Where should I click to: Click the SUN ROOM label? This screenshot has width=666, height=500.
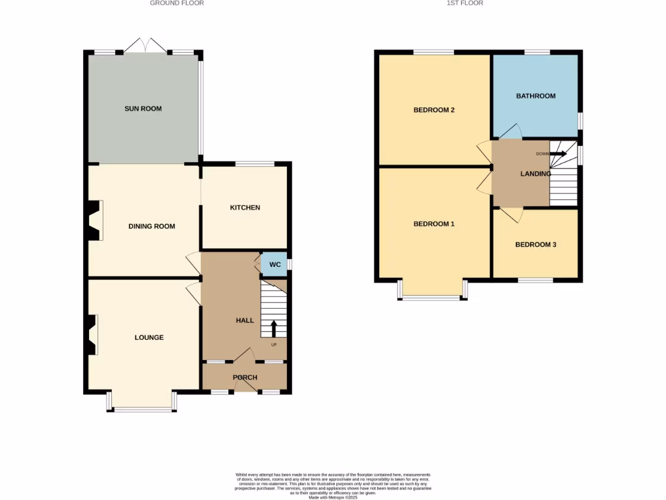(x=143, y=109)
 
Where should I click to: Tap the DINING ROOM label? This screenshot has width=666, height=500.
(x=152, y=227)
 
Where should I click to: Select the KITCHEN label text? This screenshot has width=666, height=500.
(x=245, y=208)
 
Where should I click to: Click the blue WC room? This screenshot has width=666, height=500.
(x=274, y=264)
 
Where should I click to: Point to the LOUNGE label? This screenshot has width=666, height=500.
(x=149, y=337)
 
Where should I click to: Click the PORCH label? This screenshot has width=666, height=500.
(x=245, y=378)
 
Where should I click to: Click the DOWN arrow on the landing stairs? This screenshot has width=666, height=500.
(x=559, y=154)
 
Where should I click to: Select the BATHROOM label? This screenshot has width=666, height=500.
(x=536, y=96)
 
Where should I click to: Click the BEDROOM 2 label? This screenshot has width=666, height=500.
(x=434, y=110)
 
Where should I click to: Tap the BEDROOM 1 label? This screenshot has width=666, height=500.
(x=434, y=224)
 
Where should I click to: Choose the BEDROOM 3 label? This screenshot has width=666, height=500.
(x=535, y=245)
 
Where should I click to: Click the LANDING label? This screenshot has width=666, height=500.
(x=536, y=174)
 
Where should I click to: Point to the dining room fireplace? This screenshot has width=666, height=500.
(x=95, y=221)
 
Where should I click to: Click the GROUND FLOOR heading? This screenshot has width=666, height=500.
(x=177, y=3)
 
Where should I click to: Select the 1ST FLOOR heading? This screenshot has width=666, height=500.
(x=464, y=3)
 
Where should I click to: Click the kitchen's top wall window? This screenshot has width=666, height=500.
(x=254, y=164)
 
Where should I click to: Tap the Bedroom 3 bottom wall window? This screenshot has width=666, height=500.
(x=535, y=281)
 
